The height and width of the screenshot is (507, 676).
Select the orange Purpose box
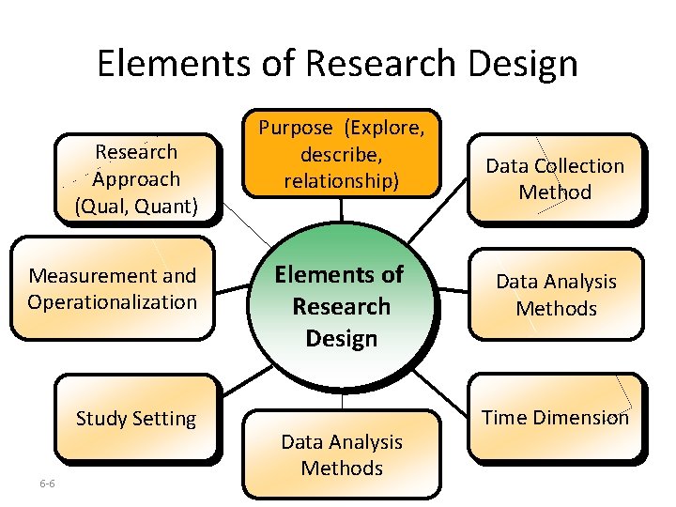pos(342,153)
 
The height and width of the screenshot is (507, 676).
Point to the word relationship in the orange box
pos(342,180)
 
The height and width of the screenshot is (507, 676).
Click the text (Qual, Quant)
pos(136,205)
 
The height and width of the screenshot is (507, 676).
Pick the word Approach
pos(136,178)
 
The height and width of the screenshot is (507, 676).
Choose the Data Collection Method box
pos(555,178)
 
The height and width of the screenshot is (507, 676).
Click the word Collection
pos(579,166)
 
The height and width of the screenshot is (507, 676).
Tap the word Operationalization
pos(112,302)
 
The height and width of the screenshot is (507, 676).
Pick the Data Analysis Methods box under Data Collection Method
pos(556,294)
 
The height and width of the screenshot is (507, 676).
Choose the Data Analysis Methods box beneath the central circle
pos(342,454)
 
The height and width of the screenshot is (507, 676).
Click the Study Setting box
pos(136,418)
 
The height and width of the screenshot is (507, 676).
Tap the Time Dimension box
pos(556,417)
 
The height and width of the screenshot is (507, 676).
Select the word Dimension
pos(581,418)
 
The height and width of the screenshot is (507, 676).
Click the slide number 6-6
pos(47,484)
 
